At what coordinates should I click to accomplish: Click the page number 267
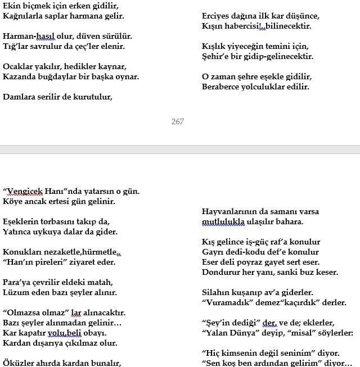[x=177, y=121]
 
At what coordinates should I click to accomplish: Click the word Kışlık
[x=215, y=47]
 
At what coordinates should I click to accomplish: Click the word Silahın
[x=217, y=293]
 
